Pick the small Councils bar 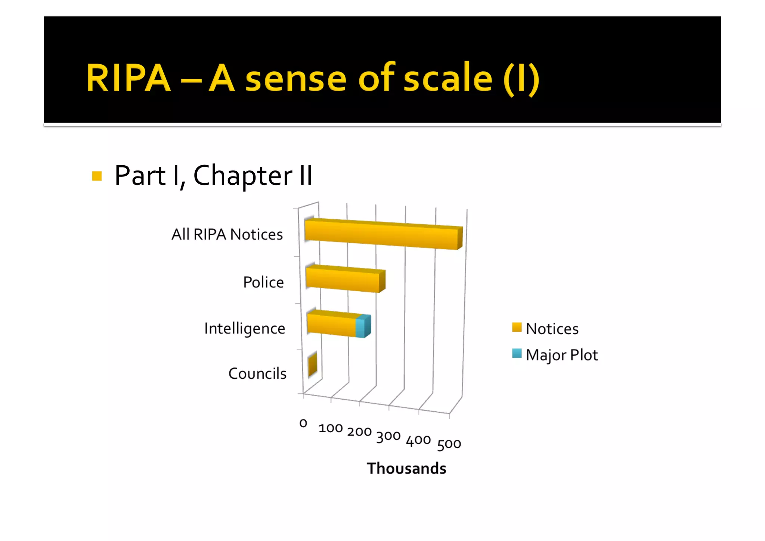point(313,365)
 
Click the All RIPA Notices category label point(227,234)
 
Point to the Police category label point(263,282)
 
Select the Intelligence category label point(245,329)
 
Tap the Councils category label point(257,374)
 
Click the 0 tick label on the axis point(303,423)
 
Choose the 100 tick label point(331,428)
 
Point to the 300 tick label point(388,436)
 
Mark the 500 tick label point(449,444)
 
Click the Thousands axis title point(406,468)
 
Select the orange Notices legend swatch point(517,328)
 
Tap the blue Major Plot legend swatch point(517,354)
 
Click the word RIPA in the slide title point(128,78)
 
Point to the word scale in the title point(448,78)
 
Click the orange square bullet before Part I point(97,176)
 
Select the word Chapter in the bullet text point(242,176)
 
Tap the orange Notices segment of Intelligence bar point(331,325)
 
